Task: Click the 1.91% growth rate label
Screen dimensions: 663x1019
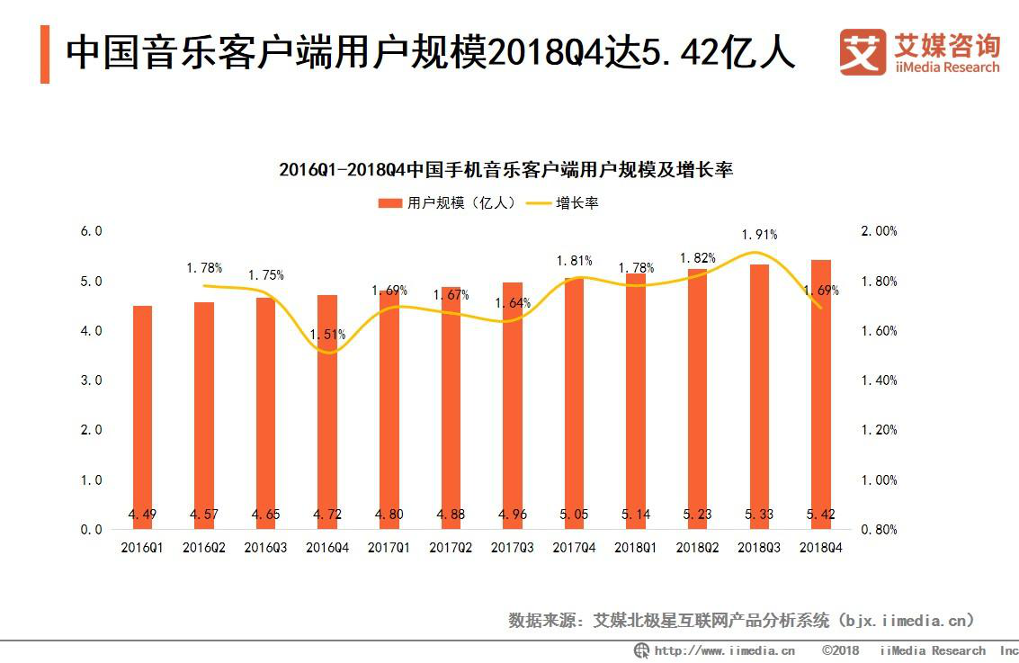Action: [759, 235]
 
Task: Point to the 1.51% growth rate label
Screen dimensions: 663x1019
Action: [327, 334]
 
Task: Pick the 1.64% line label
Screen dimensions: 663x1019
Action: [513, 303]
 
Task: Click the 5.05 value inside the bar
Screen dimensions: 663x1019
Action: [574, 515]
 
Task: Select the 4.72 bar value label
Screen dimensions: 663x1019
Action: [327, 515]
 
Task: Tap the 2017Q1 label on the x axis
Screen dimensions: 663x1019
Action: [389, 547]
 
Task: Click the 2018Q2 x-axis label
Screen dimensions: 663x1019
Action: [697, 547]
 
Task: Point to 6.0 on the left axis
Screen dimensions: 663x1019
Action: [92, 231]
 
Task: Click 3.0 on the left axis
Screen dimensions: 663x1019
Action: [92, 381]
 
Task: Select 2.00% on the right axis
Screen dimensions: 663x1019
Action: [879, 231]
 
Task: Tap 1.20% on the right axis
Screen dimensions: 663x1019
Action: [879, 430]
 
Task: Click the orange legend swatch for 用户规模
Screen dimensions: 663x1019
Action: [389, 203]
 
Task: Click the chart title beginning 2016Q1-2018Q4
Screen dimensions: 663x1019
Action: [506, 169]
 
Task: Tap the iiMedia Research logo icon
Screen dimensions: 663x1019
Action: [863, 52]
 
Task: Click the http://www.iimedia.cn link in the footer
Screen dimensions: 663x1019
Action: [724, 650]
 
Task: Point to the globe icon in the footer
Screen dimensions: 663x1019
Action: [641, 650]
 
